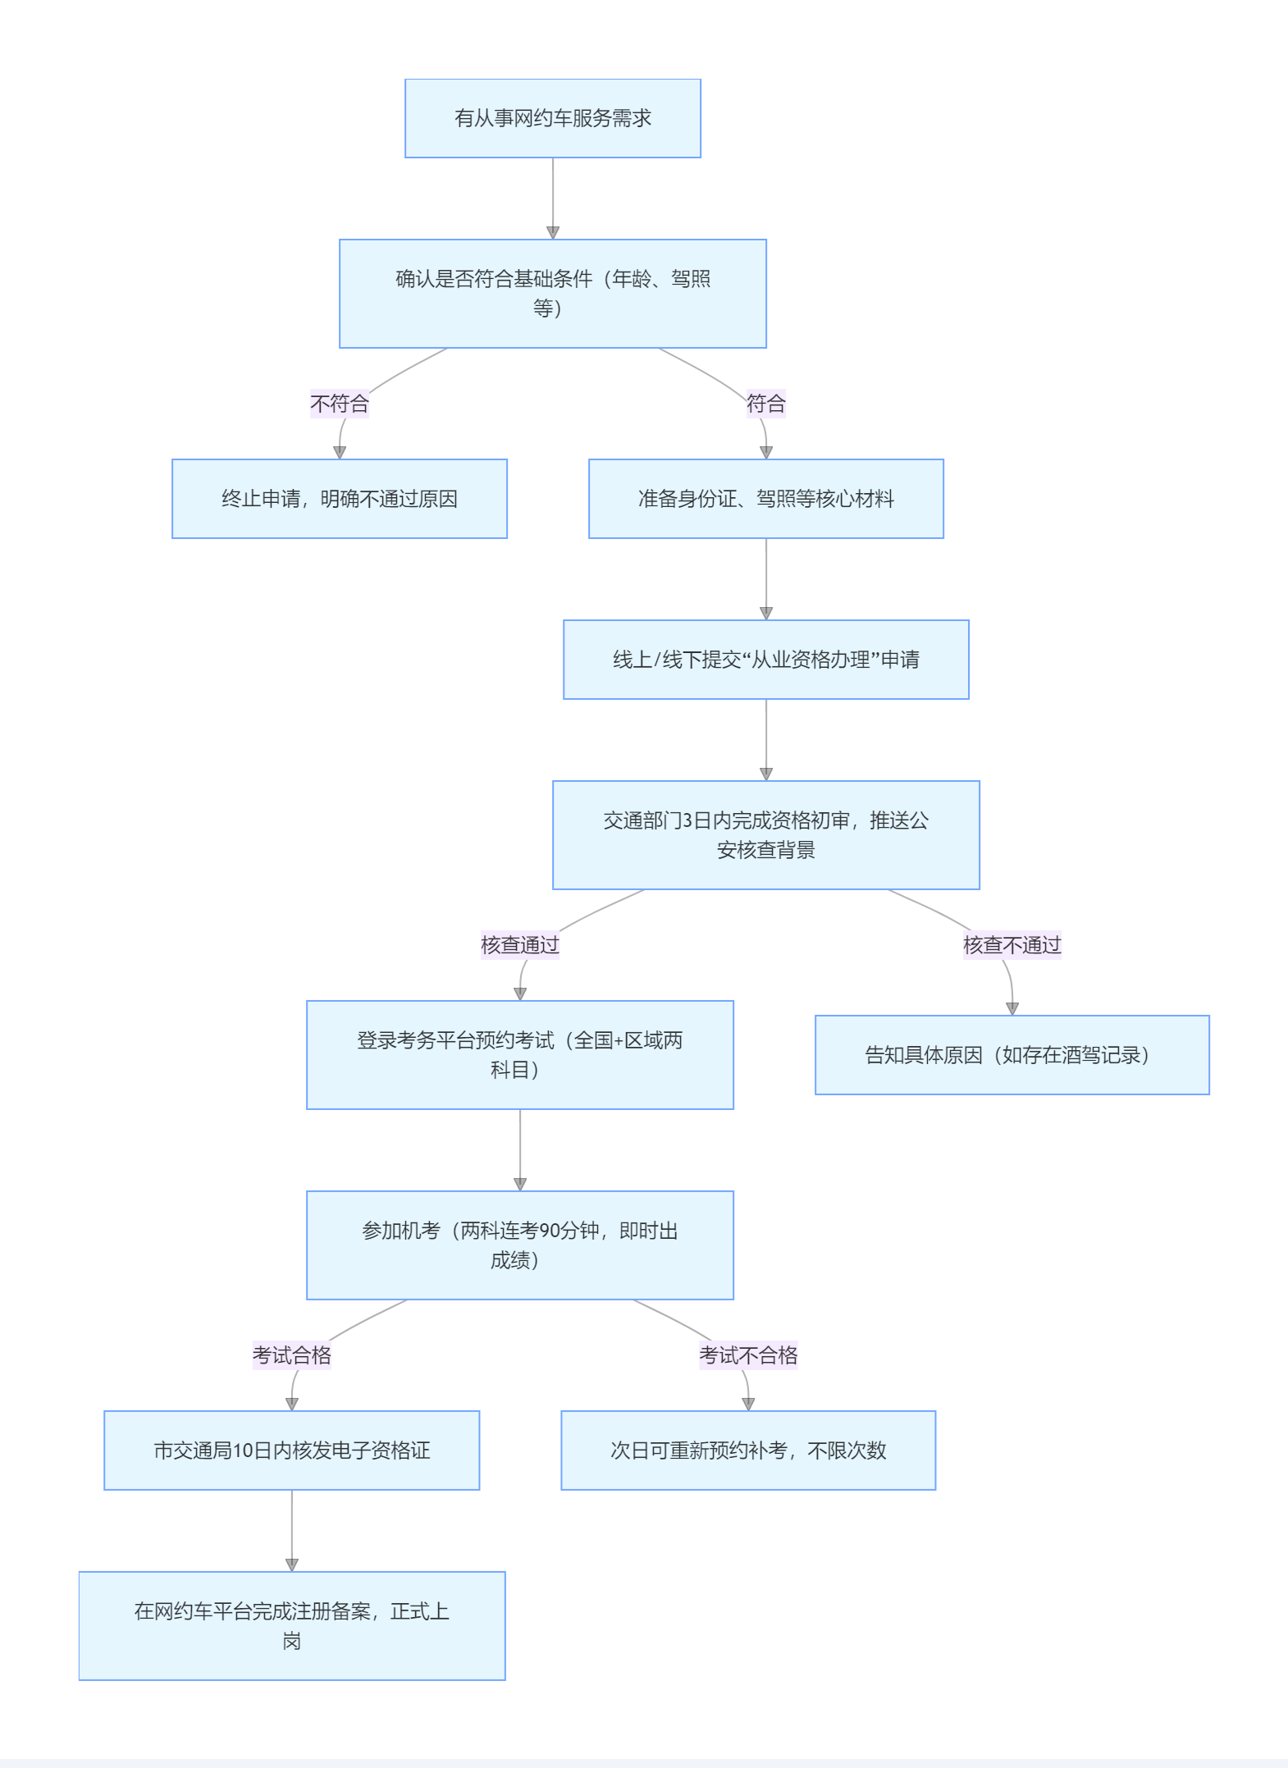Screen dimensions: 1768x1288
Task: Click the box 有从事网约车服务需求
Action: pos(552,118)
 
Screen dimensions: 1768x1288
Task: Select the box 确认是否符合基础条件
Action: pos(552,293)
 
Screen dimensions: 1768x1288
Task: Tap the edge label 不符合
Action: pos(339,404)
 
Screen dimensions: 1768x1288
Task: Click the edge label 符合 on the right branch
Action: pos(765,404)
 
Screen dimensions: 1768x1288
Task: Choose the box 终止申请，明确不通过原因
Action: pos(339,499)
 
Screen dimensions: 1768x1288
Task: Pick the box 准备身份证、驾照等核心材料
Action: pos(765,499)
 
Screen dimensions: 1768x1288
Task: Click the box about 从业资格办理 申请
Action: pos(765,660)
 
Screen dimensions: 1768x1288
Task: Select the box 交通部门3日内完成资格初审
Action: pos(765,834)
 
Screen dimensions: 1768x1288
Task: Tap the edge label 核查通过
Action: pos(519,945)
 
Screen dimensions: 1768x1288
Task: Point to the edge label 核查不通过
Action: pos(1012,945)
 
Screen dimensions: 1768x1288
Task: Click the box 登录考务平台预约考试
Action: pos(519,1054)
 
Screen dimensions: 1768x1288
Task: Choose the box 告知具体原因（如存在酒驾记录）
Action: pos(1012,1055)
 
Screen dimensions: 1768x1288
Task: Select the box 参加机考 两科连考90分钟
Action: pos(519,1245)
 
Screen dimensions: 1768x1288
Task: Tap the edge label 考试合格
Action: pos(291,1355)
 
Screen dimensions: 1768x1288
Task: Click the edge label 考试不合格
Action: pos(747,1355)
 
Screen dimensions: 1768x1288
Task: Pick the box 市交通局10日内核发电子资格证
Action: pos(291,1450)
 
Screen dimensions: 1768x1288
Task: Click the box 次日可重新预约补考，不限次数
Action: pos(747,1450)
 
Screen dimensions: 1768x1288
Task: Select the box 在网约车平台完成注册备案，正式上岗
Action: pos(291,1625)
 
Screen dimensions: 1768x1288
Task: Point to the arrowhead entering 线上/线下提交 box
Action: pos(766,614)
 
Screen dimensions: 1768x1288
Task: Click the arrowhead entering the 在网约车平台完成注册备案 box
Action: pos(292,1565)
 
